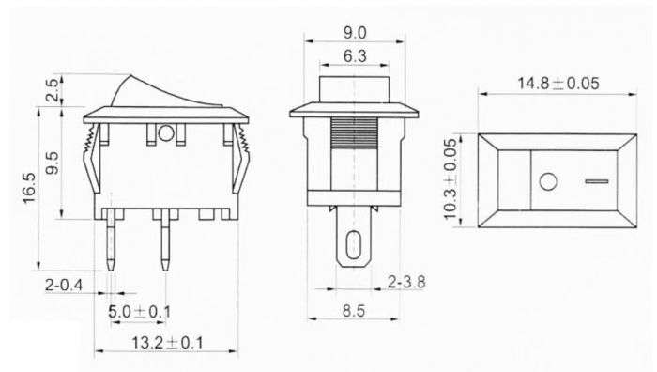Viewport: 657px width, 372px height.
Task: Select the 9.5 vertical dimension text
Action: coord(53,163)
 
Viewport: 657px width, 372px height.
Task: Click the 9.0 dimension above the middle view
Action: coord(353,31)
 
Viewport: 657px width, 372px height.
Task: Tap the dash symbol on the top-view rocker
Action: coord(596,179)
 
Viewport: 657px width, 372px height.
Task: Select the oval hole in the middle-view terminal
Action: coord(353,247)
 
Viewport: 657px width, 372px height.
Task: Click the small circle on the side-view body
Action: coord(167,133)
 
